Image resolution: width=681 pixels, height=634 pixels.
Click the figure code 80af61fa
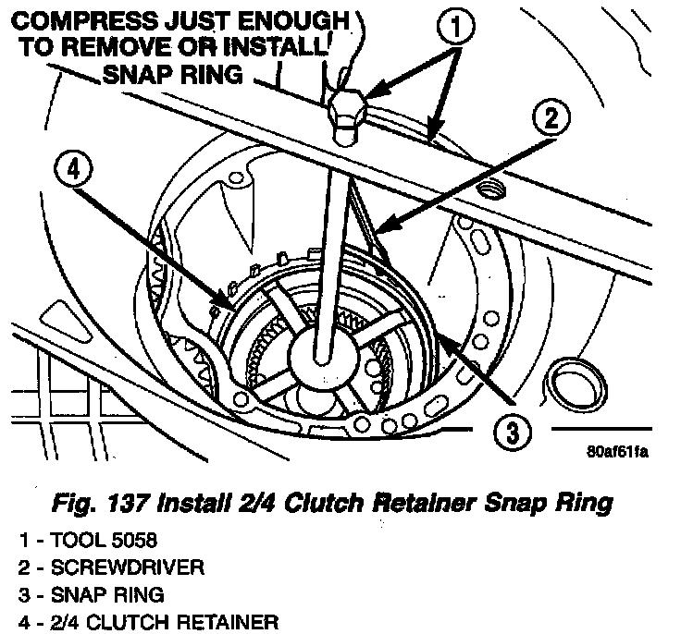(x=616, y=454)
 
